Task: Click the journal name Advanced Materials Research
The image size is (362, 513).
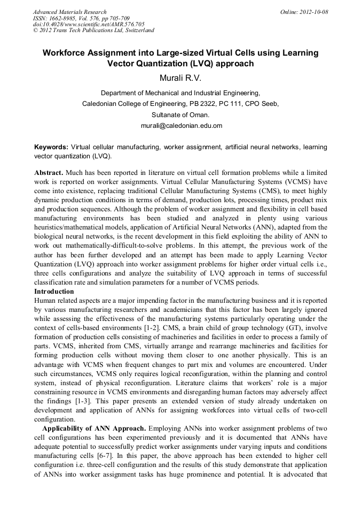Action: point(69,12)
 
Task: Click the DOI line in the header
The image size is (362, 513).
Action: point(89,24)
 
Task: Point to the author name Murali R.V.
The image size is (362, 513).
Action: point(180,79)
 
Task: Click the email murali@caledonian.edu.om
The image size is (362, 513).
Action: point(180,126)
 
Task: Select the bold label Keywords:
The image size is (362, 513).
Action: point(51,147)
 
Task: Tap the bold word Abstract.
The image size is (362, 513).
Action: point(49,173)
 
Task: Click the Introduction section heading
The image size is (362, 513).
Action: point(54,292)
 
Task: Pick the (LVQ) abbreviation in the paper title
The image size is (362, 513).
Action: point(199,63)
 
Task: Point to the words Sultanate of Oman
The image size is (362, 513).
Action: point(180,114)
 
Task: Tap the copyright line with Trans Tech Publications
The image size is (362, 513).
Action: point(93,30)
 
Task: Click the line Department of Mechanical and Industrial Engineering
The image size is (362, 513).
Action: point(180,92)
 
